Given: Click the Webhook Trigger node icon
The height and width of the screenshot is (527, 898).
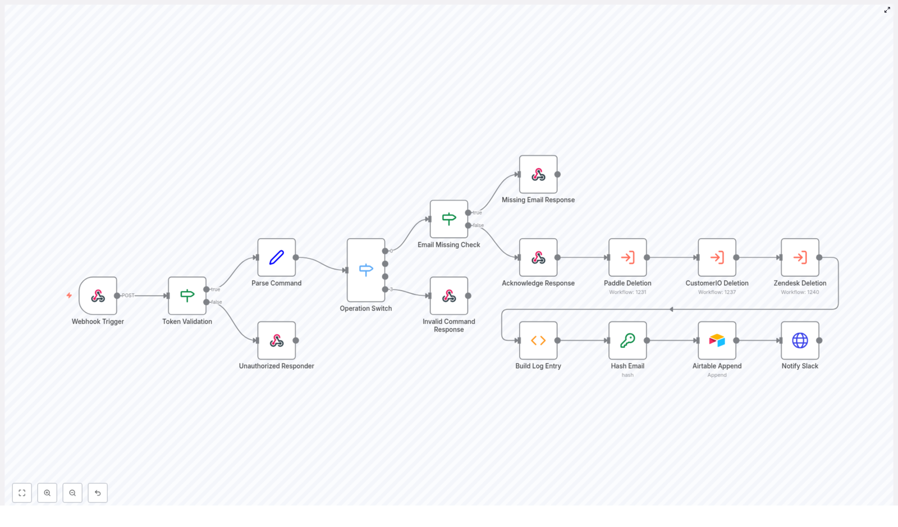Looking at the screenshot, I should [98, 296].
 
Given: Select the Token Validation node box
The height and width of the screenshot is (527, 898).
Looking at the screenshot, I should [187, 296].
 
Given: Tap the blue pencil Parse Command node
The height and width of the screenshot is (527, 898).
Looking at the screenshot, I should [276, 257].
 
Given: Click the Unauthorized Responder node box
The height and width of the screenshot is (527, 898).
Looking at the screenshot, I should [276, 340].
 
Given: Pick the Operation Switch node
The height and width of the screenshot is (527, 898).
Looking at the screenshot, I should [365, 270].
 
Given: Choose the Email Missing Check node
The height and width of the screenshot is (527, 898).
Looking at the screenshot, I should [448, 219].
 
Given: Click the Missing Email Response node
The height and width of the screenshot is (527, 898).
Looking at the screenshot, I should [538, 174].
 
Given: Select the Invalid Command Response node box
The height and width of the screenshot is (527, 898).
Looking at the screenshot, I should [448, 296].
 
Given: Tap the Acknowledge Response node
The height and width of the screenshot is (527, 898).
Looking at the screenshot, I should [538, 257].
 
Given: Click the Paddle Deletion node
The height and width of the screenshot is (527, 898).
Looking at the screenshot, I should [627, 257].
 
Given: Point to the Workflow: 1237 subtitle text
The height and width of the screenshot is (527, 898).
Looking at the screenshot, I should [717, 292].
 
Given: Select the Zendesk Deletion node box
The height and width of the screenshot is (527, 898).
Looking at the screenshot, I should [800, 257].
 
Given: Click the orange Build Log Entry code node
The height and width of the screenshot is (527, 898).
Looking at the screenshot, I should [538, 340].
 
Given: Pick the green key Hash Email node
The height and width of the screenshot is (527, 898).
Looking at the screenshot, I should [627, 340].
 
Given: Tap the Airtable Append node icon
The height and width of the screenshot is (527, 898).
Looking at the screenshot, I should [717, 340].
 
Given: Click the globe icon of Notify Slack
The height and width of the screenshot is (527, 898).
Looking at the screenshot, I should [800, 340].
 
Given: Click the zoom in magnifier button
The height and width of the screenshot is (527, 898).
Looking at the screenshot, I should [47, 493].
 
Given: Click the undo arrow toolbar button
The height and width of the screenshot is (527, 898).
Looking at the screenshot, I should [98, 493].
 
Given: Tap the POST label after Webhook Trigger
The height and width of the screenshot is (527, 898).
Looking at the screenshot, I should [128, 296].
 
